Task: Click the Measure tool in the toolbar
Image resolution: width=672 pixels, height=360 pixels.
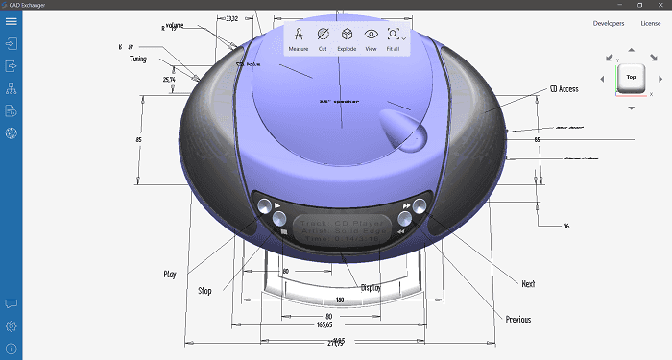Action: (x=300, y=38)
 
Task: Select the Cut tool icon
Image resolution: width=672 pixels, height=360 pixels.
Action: (x=324, y=38)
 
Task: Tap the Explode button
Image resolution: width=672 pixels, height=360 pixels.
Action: (x=347, y=38)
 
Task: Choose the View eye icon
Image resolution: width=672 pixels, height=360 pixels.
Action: (x=371, y=38)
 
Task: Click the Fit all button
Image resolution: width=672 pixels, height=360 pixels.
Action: (x=394, y=38)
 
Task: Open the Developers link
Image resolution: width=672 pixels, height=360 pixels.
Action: (x=609, y=23)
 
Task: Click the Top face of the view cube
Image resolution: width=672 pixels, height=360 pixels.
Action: (x=631, y=77)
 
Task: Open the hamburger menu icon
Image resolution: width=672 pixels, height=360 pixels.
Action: (x=12, y=22)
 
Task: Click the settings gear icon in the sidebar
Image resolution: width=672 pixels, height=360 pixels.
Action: (x=12, y=326)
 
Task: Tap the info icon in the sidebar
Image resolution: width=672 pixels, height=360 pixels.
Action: (x=12, y=348)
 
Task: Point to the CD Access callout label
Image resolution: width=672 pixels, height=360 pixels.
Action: (x=564, y=89)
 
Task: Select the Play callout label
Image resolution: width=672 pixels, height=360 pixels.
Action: (x=170, y=274)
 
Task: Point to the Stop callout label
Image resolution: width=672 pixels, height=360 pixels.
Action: (x=204, y=290)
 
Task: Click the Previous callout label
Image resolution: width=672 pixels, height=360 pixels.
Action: (x=517, y=319)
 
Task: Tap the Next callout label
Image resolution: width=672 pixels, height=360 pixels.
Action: (x=527, y=284)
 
